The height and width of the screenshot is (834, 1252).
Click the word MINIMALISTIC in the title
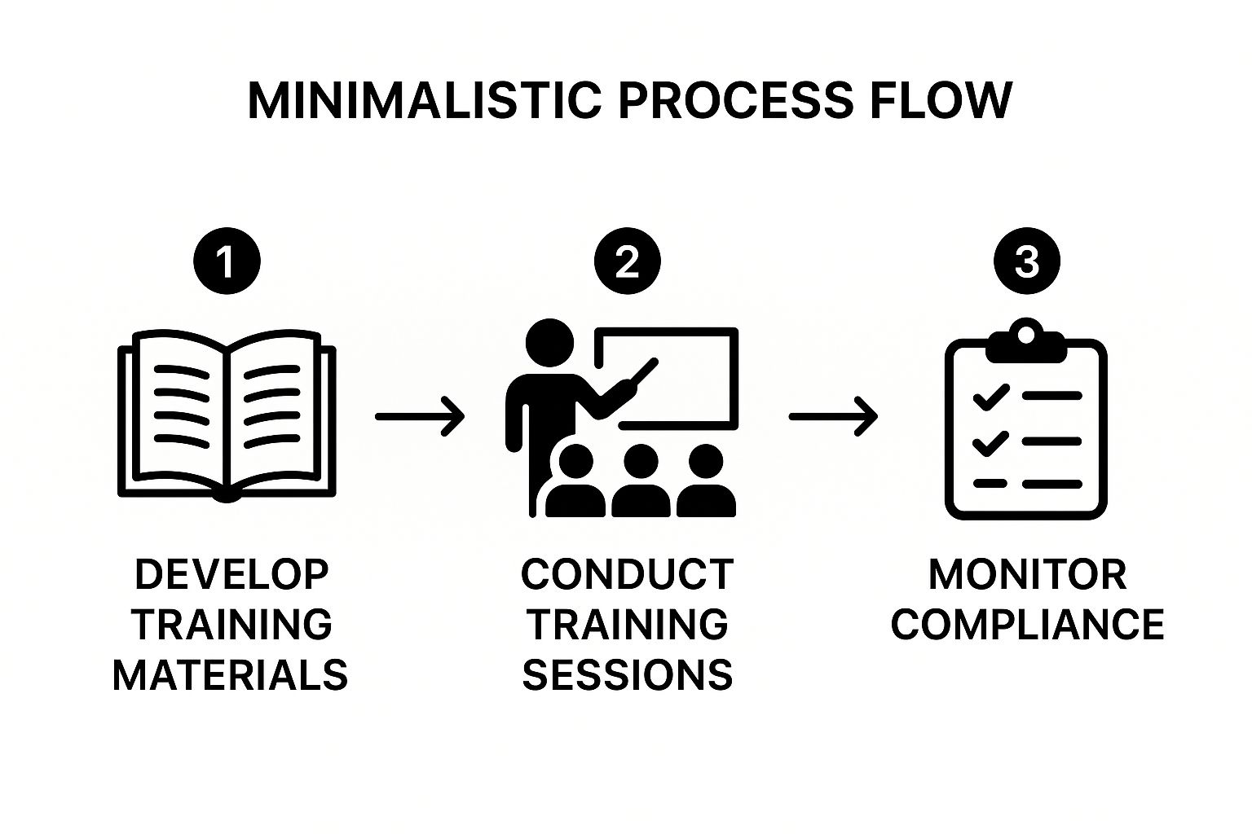click(x=425, y=101)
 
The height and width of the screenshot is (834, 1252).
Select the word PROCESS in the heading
click(x=736, y=101)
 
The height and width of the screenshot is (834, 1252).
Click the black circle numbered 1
click(x=227, y=261)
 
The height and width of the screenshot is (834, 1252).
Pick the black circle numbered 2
click(x=627, y=261)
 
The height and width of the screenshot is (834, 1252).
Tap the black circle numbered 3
click(x=1027, y=261)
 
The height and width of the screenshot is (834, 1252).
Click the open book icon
click(x=227, y=416)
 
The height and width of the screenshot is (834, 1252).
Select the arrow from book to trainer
click(x=420, y=416)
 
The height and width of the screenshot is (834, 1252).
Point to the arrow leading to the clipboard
click(x=833, y=416)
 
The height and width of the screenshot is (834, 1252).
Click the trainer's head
click(x=550, y=342)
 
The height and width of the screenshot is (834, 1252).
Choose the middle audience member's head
click(x=641, y=461)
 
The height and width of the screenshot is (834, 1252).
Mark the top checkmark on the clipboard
click(x=991, y=397)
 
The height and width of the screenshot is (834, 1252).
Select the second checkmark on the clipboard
click(x=991, y=443)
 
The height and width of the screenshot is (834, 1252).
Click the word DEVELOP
click(x=231, y=574)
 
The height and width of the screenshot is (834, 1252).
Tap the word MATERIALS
click(x=231, y=675)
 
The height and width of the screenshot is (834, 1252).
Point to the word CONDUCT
click(x=627, y=574)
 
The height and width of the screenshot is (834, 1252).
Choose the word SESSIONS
click(x=627, y=675)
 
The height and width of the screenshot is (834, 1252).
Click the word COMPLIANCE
click(x=1027, y=624)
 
